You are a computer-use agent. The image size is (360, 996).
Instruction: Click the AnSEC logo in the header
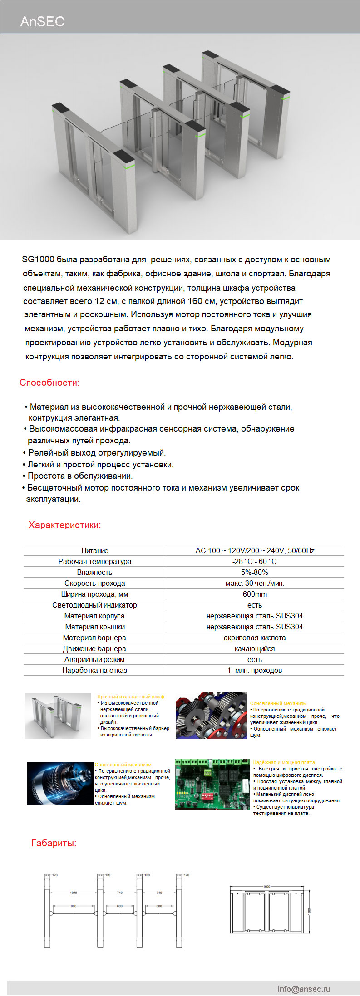[42, 21]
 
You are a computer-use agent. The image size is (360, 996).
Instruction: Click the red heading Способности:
[49, 383]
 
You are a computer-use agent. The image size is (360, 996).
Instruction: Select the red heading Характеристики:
[64, 525]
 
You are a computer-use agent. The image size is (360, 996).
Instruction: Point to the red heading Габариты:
[54, 843]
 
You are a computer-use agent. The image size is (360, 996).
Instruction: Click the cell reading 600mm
[255, 594]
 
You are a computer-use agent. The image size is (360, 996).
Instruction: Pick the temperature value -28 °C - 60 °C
[255, 561]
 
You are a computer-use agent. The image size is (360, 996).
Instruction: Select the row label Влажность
[94, 572]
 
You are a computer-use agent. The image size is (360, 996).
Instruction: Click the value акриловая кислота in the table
[255, 638]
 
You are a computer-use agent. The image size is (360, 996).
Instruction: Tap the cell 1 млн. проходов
[255, 670]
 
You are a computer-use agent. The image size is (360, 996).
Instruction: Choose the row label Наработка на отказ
[94, 670]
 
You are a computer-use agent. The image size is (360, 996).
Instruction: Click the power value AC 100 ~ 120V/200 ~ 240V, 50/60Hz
[255, 550]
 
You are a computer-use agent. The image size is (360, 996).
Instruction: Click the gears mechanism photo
[211, 715]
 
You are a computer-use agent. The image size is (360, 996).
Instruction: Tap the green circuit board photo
[212, 784]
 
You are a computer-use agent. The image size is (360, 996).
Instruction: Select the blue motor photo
[60, 784]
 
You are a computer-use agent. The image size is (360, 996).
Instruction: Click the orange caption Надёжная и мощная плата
[284, 762]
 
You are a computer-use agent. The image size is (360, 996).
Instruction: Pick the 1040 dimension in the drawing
[73, 893]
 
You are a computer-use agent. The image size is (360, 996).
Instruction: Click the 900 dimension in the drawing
[73, 906]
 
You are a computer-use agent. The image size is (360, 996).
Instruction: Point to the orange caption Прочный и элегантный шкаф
[131, 697]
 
